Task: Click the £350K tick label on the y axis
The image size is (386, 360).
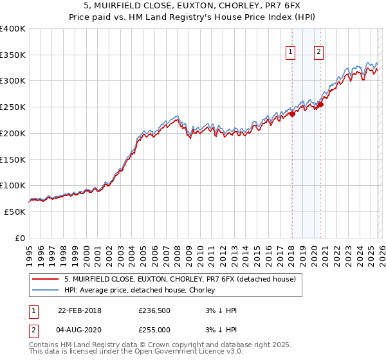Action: (x=13, y=55)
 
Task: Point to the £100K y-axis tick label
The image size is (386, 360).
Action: (x=13, y=186)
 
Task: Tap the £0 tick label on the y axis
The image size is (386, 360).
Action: (x=20, y=238)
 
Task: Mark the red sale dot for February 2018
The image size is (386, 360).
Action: (x=291, y=114)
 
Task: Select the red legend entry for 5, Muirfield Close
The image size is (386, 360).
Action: (x=180, y=279)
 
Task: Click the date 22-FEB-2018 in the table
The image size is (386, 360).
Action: (x=79, y=310)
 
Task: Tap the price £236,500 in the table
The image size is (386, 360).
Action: (x=154, y=310)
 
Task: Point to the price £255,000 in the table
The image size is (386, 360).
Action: (x=154, y=330)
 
